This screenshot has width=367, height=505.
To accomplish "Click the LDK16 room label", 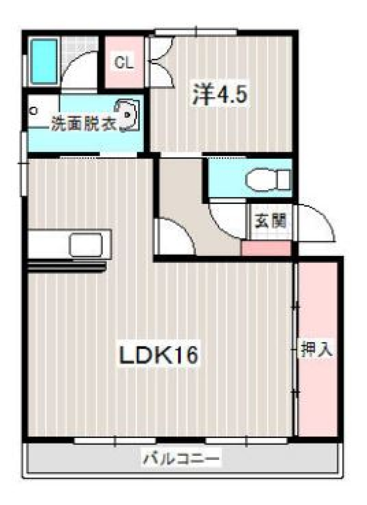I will (x=159, y=355).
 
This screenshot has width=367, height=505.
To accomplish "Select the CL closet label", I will (x=123, y=62).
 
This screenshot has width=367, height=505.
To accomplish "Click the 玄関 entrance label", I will (x=271, y=221).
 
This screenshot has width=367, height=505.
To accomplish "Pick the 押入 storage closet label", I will (x=317, y=350).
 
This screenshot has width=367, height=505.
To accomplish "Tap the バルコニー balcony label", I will (x=182, y=458).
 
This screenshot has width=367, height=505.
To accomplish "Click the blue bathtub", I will (x=44, y=61).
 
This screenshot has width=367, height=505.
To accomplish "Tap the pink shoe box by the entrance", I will (x=266, y=248).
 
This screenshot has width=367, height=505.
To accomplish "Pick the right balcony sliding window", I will (x=246, y=440).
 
